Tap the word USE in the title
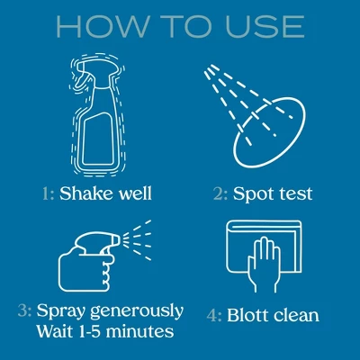[265, 27]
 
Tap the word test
[296, 194]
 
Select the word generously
[137, 312]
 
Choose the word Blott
[248, 315]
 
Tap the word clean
[296, 315]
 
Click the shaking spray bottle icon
[97, 114]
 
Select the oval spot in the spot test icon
[270, 133]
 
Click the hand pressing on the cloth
[264, 264]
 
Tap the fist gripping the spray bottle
[87, 273]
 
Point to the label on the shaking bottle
[98, 139]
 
